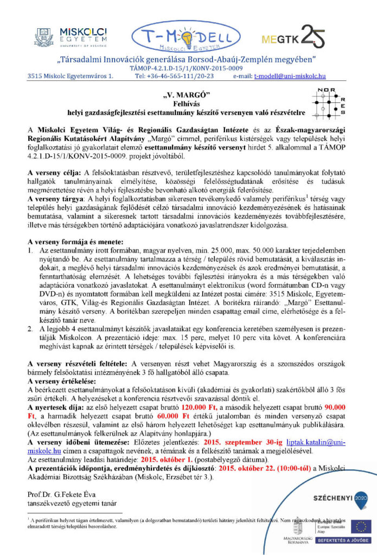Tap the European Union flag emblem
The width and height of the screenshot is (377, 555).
pyautogui.click(x=359, y=526)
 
